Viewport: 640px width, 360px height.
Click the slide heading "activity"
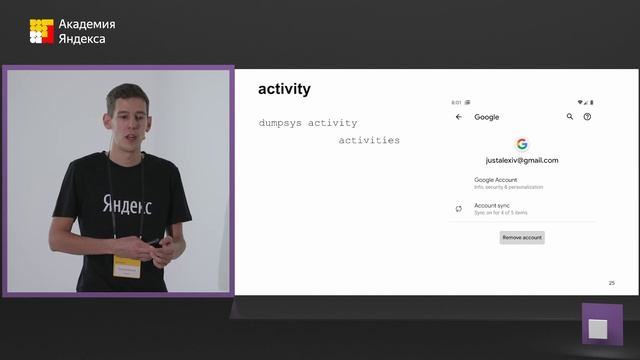point(284,89)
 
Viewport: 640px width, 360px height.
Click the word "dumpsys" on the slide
point(280,123)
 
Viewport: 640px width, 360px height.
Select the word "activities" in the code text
point(369,140)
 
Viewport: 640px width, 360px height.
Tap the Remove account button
point(522,237)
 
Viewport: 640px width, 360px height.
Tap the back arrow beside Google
point(459,117)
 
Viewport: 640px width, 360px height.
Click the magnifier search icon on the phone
point(570,117)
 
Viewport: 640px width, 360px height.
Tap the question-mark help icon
point(587,117)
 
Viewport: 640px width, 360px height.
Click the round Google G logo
point(521,144)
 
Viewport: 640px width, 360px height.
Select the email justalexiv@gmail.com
point(521,160)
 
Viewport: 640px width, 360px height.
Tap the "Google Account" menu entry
point(495,180)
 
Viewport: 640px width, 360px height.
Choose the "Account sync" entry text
point(492,205)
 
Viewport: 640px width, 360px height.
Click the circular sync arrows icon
point(459,208)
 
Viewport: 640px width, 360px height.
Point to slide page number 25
point(611,283)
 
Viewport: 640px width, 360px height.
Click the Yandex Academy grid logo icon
point(41,32)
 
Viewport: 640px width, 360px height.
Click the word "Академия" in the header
point(87,24)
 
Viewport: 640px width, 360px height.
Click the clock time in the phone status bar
point(456,102)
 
